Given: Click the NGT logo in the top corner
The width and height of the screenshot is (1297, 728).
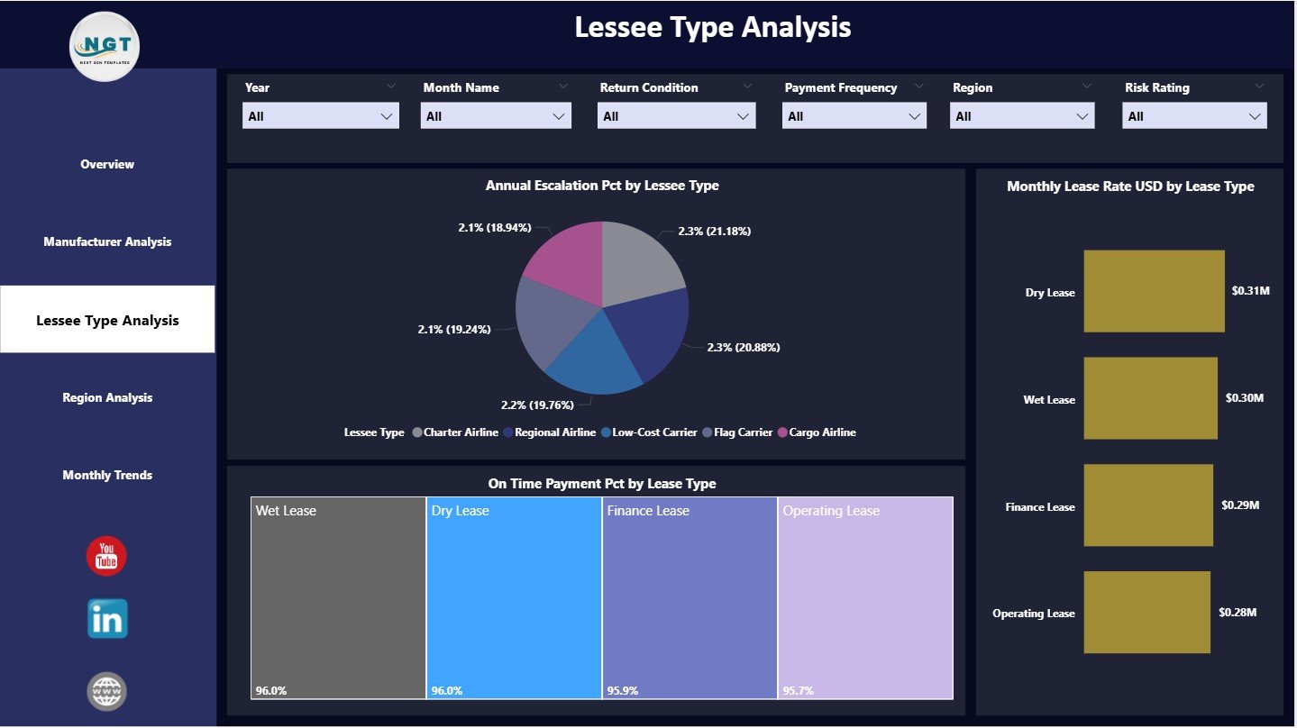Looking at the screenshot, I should [x=105, y=46].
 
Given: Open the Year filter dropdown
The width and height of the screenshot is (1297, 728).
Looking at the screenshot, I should [x=320, y=116].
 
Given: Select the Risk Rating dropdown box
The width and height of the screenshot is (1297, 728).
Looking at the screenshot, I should [x=1193, y=116].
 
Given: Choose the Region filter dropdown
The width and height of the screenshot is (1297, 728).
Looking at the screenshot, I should [x=1022, y=116].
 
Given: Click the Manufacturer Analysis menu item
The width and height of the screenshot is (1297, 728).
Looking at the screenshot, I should [x=107, y=241].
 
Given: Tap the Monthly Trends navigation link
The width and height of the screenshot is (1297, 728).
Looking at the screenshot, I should [x=107, y=475].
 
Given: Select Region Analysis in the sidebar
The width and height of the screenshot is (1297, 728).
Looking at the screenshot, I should [x=107, y=397].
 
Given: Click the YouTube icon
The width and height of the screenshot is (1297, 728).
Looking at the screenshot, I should [x=106, y=556].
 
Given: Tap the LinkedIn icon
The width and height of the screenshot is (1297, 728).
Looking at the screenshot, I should [x=107, y=619].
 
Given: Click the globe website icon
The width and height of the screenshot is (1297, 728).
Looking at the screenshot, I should [x=107, y=691].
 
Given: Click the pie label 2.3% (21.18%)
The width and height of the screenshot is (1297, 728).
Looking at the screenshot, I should [x=714, y=232].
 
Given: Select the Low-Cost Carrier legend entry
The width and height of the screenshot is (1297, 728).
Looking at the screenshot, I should [x=648, y=432].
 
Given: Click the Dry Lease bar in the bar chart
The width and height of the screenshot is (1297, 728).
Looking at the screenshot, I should [x=1154, y=291].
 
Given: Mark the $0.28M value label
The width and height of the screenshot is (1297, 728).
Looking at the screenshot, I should [x=1237, y=613].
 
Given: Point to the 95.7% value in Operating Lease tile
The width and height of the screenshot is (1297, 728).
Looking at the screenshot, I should [x=798, y=691].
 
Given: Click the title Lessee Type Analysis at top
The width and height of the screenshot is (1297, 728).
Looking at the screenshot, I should [x=712, y=27].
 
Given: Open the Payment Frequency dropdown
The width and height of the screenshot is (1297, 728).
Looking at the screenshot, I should [x=854, y=116].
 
